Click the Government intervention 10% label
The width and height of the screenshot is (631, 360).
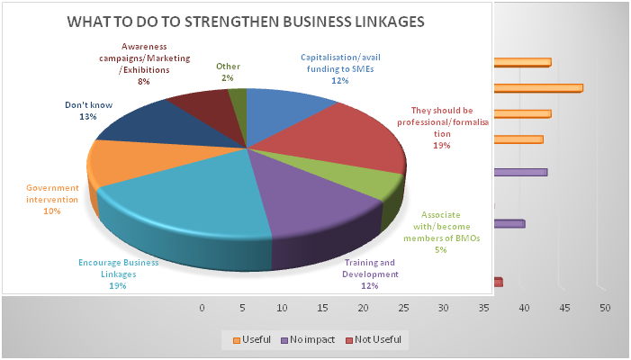pyautogui.click(x=52, y=199)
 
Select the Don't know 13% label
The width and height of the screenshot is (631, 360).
pyautogui.click(x=88, y=111)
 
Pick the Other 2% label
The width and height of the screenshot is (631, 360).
pyautogui.click(x=228, y=72)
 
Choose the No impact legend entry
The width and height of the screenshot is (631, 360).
pyautogui.click(x=313, y=339)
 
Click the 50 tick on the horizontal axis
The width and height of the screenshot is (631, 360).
pyautogui.click(x=605, y=309)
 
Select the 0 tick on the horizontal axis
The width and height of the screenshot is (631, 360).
pyautogui.click(x=202, y=309)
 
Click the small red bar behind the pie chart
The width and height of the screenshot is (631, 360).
pyautogui.click(x=498, y=283)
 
